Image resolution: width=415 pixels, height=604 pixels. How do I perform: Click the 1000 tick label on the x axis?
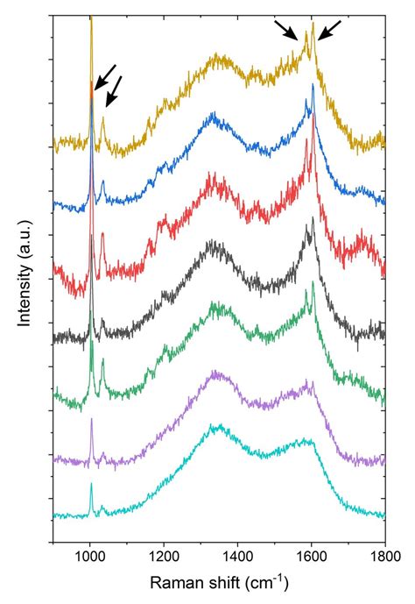[90, 555]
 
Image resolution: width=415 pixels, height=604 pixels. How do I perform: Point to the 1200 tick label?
[164, 555]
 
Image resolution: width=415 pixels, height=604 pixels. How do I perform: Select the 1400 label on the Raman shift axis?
[237, 555]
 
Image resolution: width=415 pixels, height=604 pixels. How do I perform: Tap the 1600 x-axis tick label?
[311, 555]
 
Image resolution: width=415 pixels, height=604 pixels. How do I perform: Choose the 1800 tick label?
[383, 555]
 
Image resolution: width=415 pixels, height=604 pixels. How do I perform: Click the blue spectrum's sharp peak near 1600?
[313, 85]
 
